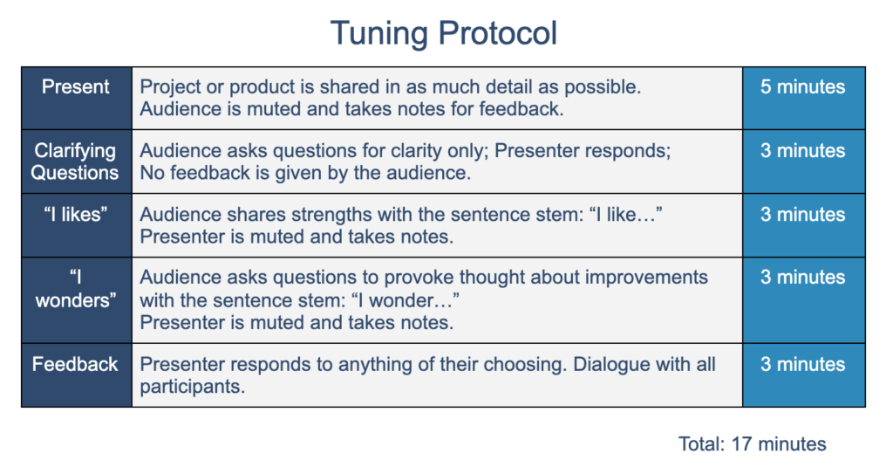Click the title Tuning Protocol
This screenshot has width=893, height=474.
pyautogui.click(x=444, y=33)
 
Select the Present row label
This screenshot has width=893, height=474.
pyautogui.click(x=76, y=86)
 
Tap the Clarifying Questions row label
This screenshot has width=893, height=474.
pyautogui.click(x=75, y=161)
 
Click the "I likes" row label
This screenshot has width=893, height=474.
pyautogui.click(x=76, y=215)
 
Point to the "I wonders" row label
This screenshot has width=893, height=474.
pyautogui.click(x=76, y=289)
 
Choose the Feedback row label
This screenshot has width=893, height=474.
pyautogui.click(x=75, y=364)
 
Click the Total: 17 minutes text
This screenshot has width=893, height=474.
pyautogui.click(x=753, y=443)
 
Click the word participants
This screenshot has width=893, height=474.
pyautogui.click(x=193, y=388)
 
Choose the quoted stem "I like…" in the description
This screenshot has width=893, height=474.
pyautogui.click(x=626, y=215)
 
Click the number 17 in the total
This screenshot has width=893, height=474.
pyautogui.click(x=741, y=443)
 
